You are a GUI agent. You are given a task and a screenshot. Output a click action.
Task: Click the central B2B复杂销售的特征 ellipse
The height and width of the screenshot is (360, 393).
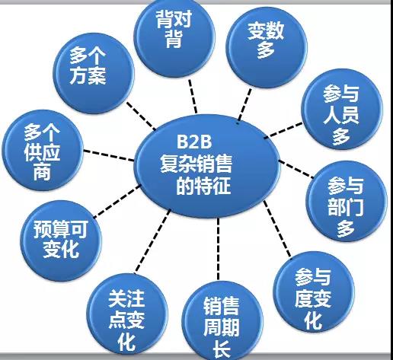tap(207, 166)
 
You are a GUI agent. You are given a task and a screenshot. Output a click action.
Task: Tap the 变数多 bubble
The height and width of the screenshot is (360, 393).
tap(267, 47)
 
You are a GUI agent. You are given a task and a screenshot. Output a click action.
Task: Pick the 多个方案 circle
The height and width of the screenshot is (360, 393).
tap(94, 73)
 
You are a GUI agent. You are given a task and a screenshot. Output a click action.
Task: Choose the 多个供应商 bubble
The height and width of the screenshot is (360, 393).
tap(43, 150)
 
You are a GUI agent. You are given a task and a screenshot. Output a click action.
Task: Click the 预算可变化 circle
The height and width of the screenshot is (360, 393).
tap(61, 241)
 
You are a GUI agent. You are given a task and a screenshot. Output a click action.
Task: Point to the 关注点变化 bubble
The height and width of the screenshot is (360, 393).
tap(127, 314)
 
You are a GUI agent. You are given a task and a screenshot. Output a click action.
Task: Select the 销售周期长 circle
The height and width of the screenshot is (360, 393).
tap(222, 321)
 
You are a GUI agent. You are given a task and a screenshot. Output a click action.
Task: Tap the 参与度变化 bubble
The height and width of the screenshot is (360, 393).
tap(314, 292)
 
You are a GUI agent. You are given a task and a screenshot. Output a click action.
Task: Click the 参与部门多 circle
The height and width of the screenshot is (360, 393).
tap(347, 201)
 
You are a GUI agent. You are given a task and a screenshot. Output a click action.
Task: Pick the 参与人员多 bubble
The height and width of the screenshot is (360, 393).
tap(342, 109)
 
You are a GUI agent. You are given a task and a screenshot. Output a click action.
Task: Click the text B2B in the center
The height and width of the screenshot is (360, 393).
tap(194, 142)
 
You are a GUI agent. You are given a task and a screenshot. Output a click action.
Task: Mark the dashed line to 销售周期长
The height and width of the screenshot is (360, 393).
tap(219, 249)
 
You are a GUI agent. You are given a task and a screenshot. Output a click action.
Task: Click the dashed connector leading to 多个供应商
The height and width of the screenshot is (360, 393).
tap(109, 155)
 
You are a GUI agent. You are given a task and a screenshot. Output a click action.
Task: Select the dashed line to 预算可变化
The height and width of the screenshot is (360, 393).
tap(117, 201)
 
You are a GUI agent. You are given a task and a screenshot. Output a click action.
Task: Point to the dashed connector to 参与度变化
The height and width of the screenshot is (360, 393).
tap(277, 229)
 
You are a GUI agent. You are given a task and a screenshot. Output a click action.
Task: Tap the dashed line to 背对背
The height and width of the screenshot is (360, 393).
tap(193, 97)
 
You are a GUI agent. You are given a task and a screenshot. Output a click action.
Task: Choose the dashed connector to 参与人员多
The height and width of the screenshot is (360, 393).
tap(283, 130)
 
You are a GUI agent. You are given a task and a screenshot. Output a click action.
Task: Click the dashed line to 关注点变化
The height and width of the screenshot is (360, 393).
tap(152, 241)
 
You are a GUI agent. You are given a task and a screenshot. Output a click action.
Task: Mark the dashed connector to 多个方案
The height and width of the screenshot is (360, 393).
tap(141, 116)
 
